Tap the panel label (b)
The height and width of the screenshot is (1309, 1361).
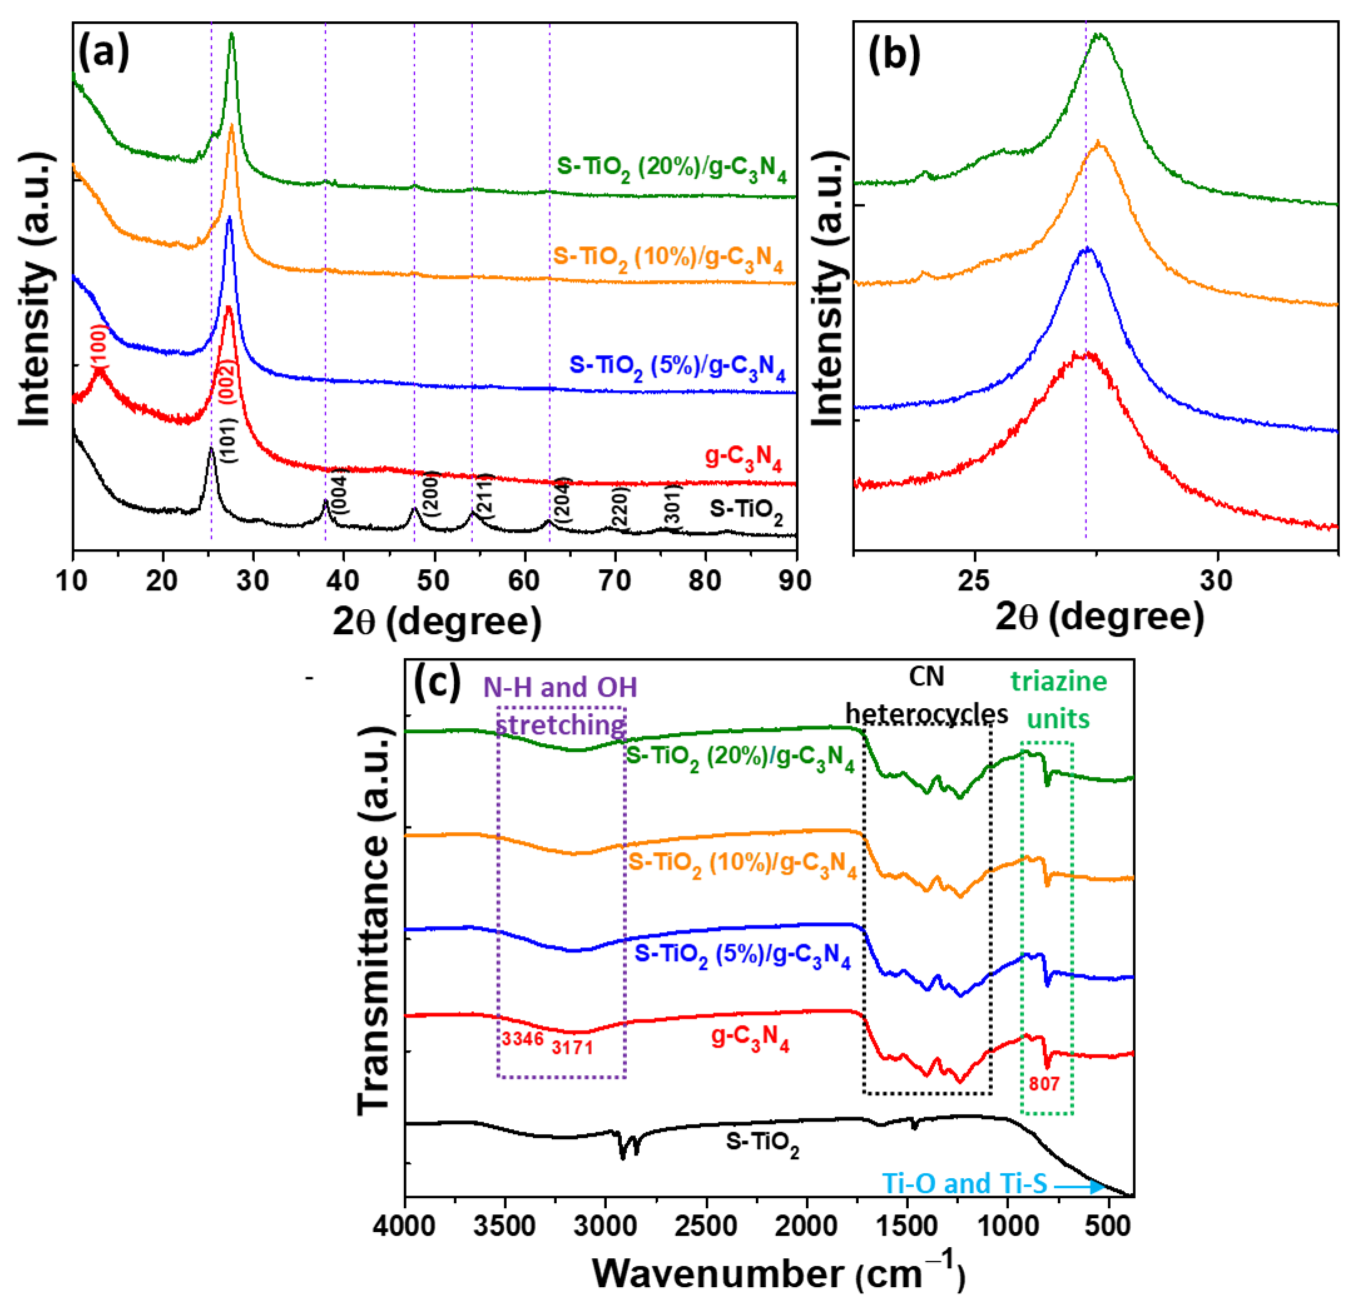point(894,54)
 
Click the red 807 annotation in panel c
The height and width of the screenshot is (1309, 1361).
point(1043,1084)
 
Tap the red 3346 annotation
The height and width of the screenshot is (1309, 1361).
point(522,1039)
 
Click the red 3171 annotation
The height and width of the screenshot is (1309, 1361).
point(572,1047)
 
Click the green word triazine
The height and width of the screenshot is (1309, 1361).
point(1058,681)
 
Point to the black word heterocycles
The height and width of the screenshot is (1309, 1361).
point(926,714)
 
